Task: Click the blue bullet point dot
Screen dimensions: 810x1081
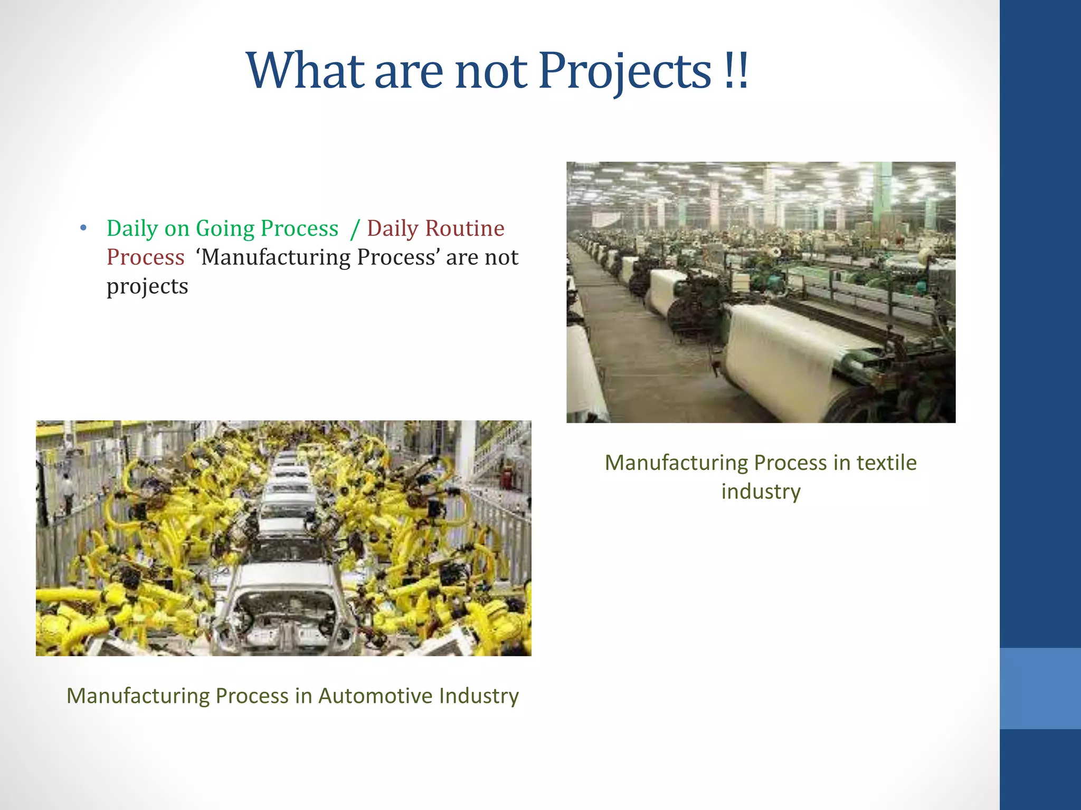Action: click(x=83, y=228)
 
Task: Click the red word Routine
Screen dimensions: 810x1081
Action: click(x=464, y=228)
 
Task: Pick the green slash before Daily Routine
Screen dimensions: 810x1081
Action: click(x=355, y=229)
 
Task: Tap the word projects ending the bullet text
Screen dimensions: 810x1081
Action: click(x=147, y=286)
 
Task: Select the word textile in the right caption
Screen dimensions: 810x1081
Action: click(x=886, y=462)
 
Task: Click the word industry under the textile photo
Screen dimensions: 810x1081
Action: click(x=761, y=491)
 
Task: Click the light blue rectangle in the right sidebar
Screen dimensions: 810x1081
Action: click(x=1040, y=688)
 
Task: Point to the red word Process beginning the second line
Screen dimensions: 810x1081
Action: click(x=145, y=257)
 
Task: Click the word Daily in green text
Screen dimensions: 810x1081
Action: click(x=132, y=228)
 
